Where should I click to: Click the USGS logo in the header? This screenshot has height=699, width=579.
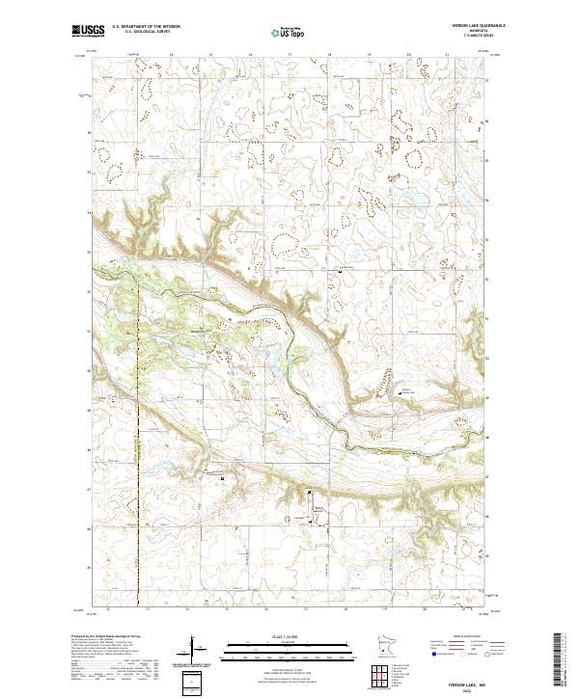89,31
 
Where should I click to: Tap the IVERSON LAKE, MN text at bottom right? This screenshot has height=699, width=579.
472,679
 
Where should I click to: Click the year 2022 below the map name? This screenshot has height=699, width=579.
472,686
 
